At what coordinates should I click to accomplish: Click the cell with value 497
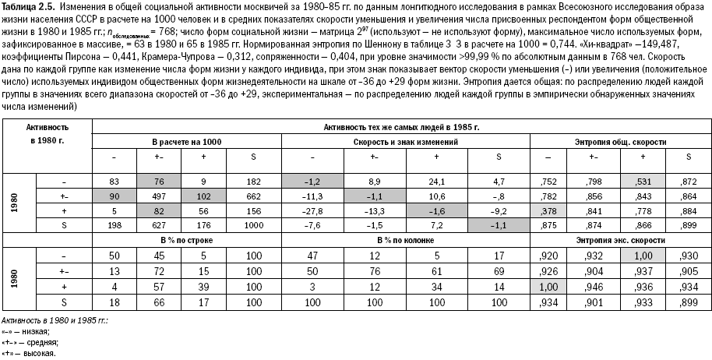157,196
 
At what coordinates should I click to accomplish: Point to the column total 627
157,226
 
